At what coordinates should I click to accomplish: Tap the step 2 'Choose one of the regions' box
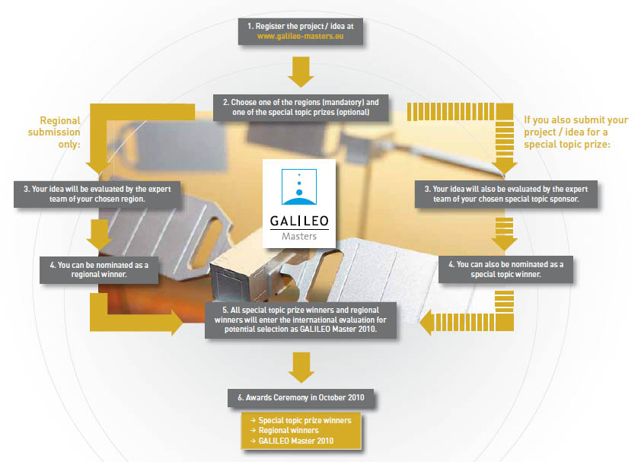[x=300, y=107]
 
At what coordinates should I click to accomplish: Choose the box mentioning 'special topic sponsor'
[x=505, y=193]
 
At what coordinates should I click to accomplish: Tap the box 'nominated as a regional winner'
[x=98, y=269]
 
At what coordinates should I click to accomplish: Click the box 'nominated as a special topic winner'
[x=505, y=269]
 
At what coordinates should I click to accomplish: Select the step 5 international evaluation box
[x=300, y=320]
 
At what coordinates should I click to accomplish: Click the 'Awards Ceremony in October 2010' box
[x=300, y=397]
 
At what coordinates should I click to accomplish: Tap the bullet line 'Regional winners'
[x=279, y=430]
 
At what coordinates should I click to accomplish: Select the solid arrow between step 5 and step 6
[x=300, y=368]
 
